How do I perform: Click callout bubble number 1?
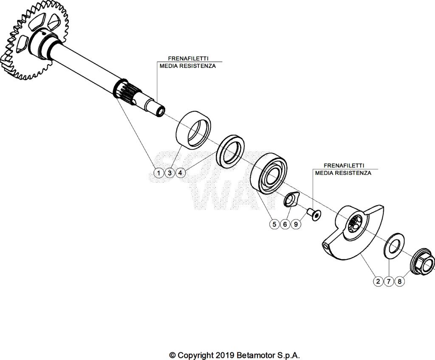tap(158, 173)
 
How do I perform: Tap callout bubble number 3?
tap(169, 173)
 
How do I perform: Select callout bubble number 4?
tap(180, 173)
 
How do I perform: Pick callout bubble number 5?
tap(274, 224)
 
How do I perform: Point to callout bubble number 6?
tap(285, 224)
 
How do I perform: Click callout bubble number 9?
tap(296, 224)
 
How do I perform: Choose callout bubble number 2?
tap(378, 281)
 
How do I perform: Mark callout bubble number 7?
tap(389, 281)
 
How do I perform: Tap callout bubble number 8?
tap(399, 281)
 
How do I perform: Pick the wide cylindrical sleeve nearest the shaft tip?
tap(193, 129)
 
